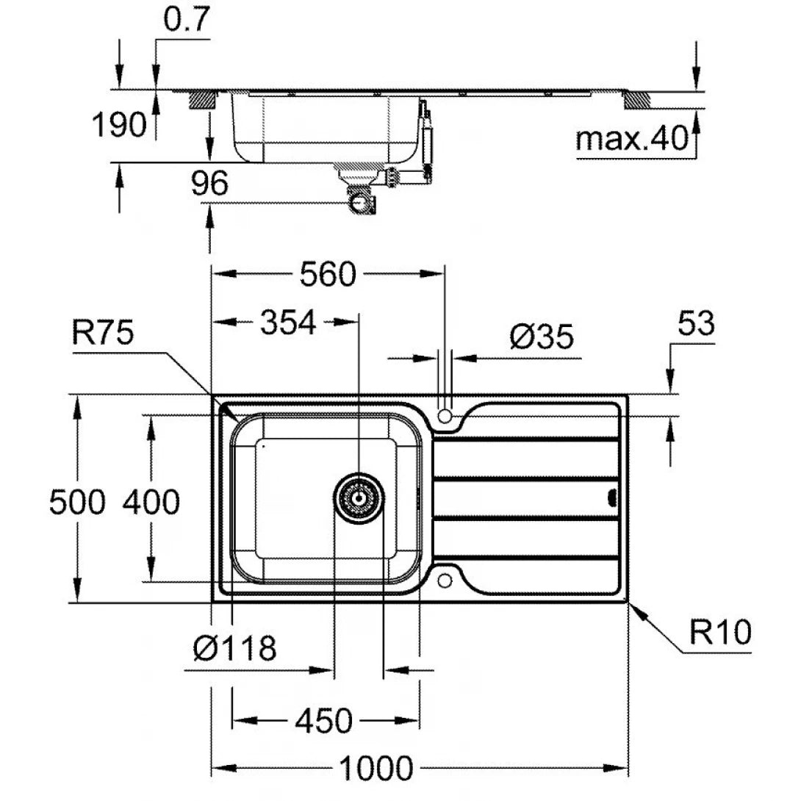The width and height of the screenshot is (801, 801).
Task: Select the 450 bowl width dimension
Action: point(323,721)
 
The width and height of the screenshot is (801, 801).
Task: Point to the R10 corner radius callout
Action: point(720,631)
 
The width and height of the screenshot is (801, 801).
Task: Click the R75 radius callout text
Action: point(103,333)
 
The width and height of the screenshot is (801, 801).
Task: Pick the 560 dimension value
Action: point(327,274)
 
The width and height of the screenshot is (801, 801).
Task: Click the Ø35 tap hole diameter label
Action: point(541,337)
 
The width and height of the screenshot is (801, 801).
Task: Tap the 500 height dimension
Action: point(76,503)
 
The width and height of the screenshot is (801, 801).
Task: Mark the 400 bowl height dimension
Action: point(150,503)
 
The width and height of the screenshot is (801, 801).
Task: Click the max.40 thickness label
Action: point(631,138)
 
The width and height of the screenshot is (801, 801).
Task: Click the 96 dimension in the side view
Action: point(210,184)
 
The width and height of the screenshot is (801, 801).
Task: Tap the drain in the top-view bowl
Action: point(359,498)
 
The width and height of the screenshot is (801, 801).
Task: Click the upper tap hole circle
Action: point(444,416)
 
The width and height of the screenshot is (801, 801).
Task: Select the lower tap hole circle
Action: point(444,581)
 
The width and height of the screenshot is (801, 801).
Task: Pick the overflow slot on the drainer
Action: point(611,498)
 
